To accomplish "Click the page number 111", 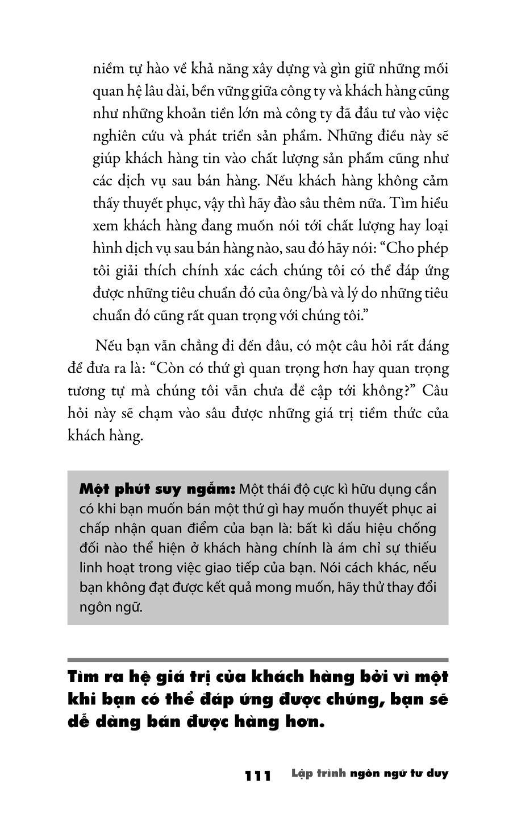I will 258,775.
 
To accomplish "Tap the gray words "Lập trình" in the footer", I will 318,774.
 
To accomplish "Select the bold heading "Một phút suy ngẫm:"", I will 157,489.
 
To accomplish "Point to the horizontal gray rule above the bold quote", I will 257,661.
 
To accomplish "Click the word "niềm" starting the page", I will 106,69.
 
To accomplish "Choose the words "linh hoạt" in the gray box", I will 105,567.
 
